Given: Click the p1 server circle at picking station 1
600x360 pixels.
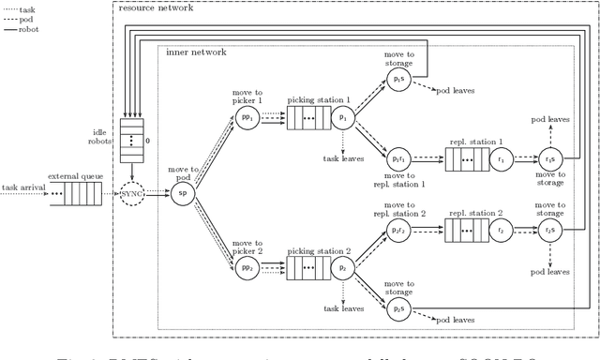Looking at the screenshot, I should click(x=342, y=119).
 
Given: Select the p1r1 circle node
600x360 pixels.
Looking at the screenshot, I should click(x=398, y=159).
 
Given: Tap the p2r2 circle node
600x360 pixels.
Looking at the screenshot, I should click(x=398, y=229).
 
